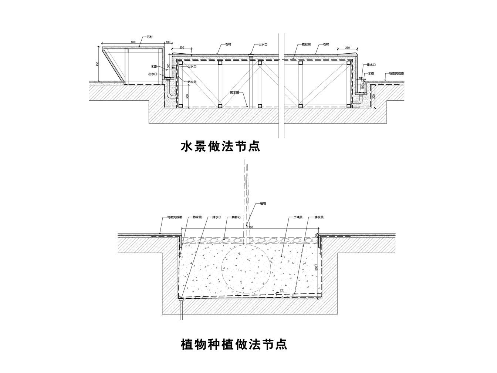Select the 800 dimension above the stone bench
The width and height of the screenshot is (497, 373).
point(133,42)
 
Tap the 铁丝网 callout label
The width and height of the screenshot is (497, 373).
point(306,44)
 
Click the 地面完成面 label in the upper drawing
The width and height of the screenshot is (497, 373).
point(396,73)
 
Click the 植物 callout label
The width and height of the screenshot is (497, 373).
point(263,204)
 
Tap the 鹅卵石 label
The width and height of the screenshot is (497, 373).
point(236,218)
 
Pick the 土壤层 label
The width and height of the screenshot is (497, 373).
point(298,218)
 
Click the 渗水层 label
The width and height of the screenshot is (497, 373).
point(319,218)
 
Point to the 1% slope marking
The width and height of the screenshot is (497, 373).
point(281,291)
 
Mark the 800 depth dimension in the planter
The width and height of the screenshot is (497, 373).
point(316,267)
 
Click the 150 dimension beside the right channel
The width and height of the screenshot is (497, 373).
point(362,87)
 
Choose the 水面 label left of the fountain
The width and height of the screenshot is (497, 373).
point(154,66)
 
